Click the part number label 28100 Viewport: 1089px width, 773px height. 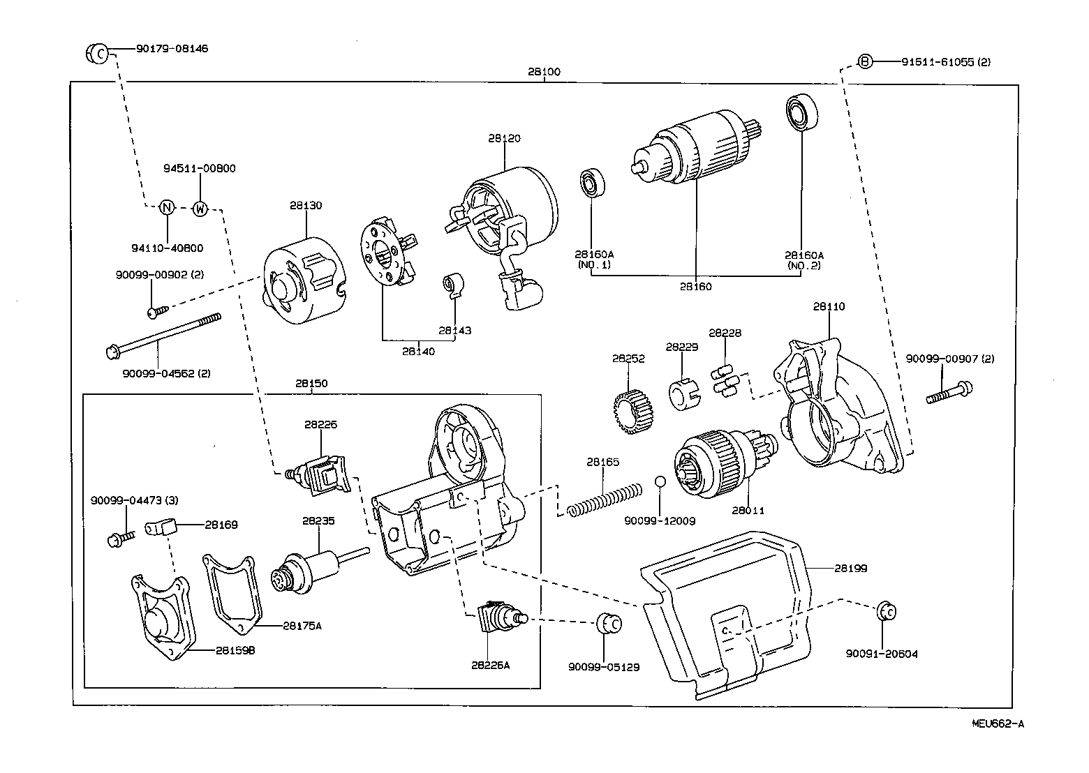pos(544,72)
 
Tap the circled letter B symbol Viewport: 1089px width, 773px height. pos(865,62)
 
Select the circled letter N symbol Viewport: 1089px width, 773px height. pos(167,208)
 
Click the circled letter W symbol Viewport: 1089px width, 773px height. pos(200,208)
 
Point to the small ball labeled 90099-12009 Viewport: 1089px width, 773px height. pos(660,483)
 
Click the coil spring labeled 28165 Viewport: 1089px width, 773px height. pos(605,500)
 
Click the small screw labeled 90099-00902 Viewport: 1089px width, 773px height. pos(156,311)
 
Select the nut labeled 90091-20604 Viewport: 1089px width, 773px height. pos(884,610)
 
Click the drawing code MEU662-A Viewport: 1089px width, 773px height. pos(998,723)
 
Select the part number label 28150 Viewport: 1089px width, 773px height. pos(311,384)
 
